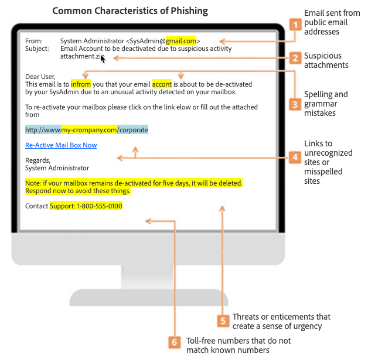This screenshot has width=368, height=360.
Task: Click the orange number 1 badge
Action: [295, 25]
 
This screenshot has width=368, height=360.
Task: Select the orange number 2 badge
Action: [295, 58]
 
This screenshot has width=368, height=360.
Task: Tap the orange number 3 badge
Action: [295, 104]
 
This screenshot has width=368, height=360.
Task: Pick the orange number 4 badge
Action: [295, 157]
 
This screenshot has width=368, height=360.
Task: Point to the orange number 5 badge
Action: [223, 321]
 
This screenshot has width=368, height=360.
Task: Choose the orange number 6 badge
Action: [175, 342]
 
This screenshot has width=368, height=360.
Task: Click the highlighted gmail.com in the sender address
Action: [181, 41]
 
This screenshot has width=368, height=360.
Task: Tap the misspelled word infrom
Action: [81, 84]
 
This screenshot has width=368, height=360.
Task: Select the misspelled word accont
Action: [162, 84]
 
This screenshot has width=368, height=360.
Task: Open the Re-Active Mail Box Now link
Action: [61, 145]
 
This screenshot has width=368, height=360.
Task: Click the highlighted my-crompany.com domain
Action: [89, 130]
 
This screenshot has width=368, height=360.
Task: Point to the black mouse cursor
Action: [103, 59]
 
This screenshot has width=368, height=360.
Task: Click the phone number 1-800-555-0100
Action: [100, 206]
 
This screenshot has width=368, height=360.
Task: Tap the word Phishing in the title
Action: [189, 11]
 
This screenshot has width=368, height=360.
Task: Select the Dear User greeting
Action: [40, 77]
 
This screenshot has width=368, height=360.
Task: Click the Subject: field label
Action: [37, 49]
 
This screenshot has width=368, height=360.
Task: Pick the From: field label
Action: [34, 41]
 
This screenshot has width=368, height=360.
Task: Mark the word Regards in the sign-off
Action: [38, 160]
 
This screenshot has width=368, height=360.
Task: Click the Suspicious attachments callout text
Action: [326, 60]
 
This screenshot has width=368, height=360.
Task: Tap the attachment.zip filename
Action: [82, 56]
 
